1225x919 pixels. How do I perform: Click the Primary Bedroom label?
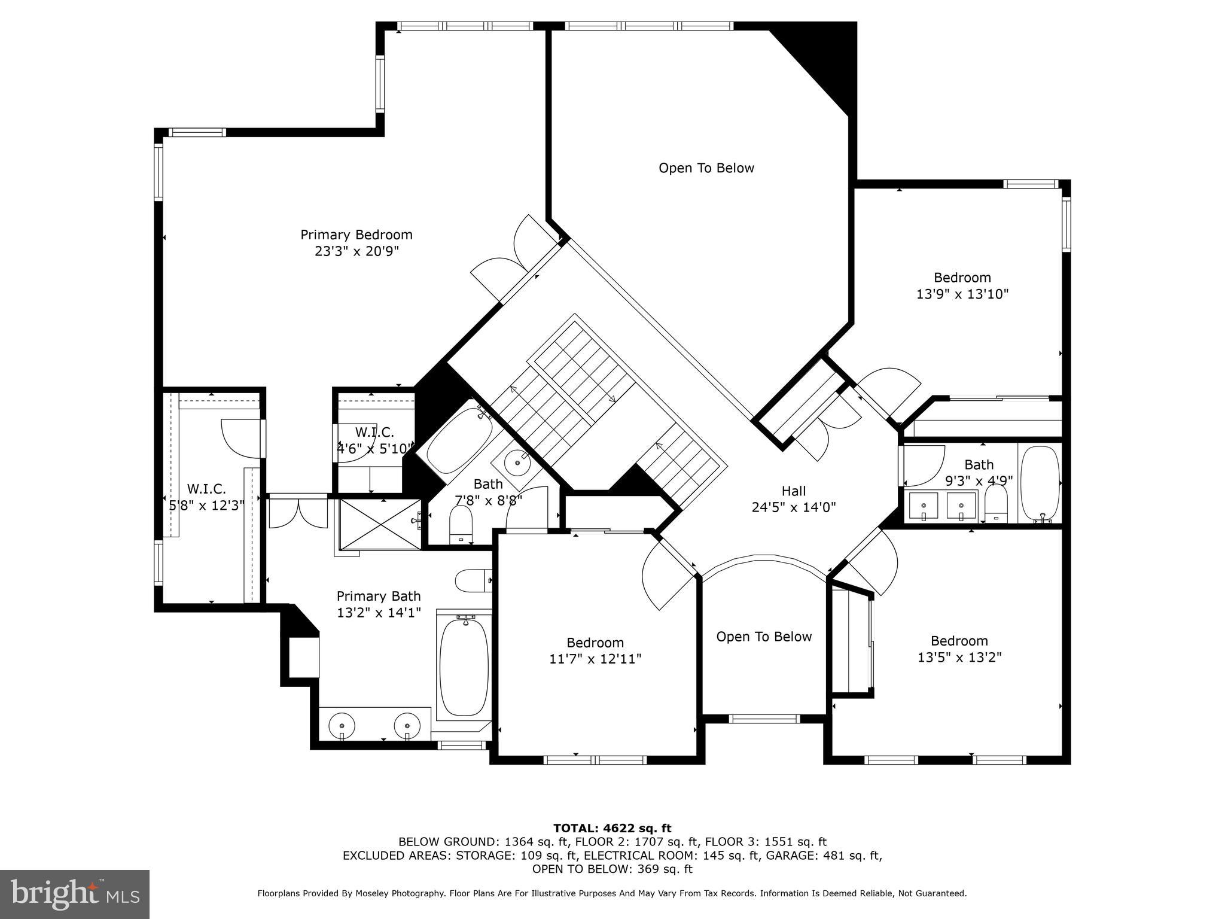click(356, 235)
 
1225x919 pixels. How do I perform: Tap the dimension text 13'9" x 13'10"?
click(962, 294)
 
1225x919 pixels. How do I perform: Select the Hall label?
click(793, 491)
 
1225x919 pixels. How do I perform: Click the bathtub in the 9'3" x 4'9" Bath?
click(1040, 483)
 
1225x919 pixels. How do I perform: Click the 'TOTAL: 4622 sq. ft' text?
click(612, 828)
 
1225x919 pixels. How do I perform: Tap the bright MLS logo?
click(75, 894)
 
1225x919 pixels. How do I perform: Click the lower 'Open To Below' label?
click(764, 637)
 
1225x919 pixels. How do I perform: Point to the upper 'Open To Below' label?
click(706, 168)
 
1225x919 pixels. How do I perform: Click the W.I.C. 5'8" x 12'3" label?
click(206, 497)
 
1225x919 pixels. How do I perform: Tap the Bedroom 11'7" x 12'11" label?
click(595, 650)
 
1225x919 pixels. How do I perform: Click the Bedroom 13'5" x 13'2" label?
click(959, 649)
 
